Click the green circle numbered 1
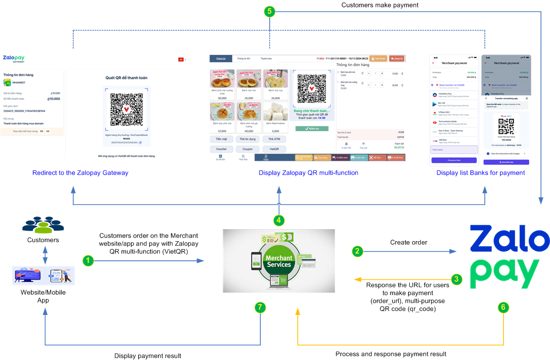88,259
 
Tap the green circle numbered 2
357,252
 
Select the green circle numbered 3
457,279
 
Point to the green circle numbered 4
279,219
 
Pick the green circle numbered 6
503,308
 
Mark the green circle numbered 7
260,308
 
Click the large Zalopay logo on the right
509,256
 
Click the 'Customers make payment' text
380,5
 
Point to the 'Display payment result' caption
148,356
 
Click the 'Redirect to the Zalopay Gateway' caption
80,173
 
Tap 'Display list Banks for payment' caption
481,173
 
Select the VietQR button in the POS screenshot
274,149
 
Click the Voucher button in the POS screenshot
221,149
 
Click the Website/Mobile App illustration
43,276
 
